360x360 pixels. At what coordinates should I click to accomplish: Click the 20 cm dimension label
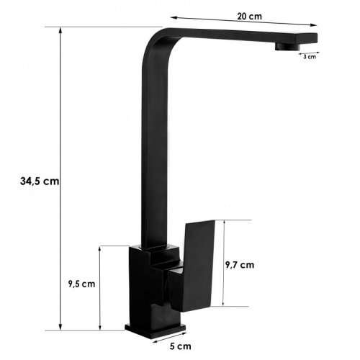tap(249, 17)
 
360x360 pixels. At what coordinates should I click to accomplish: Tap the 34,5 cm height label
tap(40, 181)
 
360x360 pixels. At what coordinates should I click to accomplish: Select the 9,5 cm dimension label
tap(81, 284)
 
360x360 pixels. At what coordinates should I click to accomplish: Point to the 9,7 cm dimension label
tap(240, 265)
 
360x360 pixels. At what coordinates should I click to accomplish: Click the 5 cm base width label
tap(181, 346)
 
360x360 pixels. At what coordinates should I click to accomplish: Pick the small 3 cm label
tap(310, 57)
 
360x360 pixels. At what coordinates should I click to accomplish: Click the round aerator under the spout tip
tap(287, 47)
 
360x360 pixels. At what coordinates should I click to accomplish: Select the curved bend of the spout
tap(156, 41)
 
